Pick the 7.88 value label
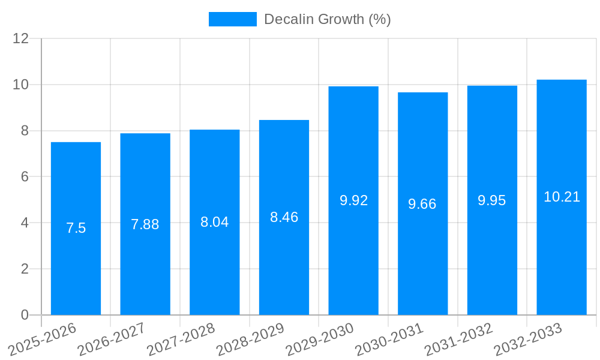click(145, 224)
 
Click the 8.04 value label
click(215, 222)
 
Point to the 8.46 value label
click(284, 217)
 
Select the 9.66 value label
click(422, 204)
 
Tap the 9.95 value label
click(492, 200)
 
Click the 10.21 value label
click(562, 197)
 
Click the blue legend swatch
click(232, 19)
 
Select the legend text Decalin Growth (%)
click(328, 19)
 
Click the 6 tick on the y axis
click(25, 177)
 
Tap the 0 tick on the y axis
click(25, 315)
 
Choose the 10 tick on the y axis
click(21, 85)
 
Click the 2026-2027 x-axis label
click(112, 340)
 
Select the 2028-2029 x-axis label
click(250, 340)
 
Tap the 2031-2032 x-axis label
click(459, 340)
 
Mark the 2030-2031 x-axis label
click(389, 340)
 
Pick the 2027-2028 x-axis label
click(181, 340)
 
